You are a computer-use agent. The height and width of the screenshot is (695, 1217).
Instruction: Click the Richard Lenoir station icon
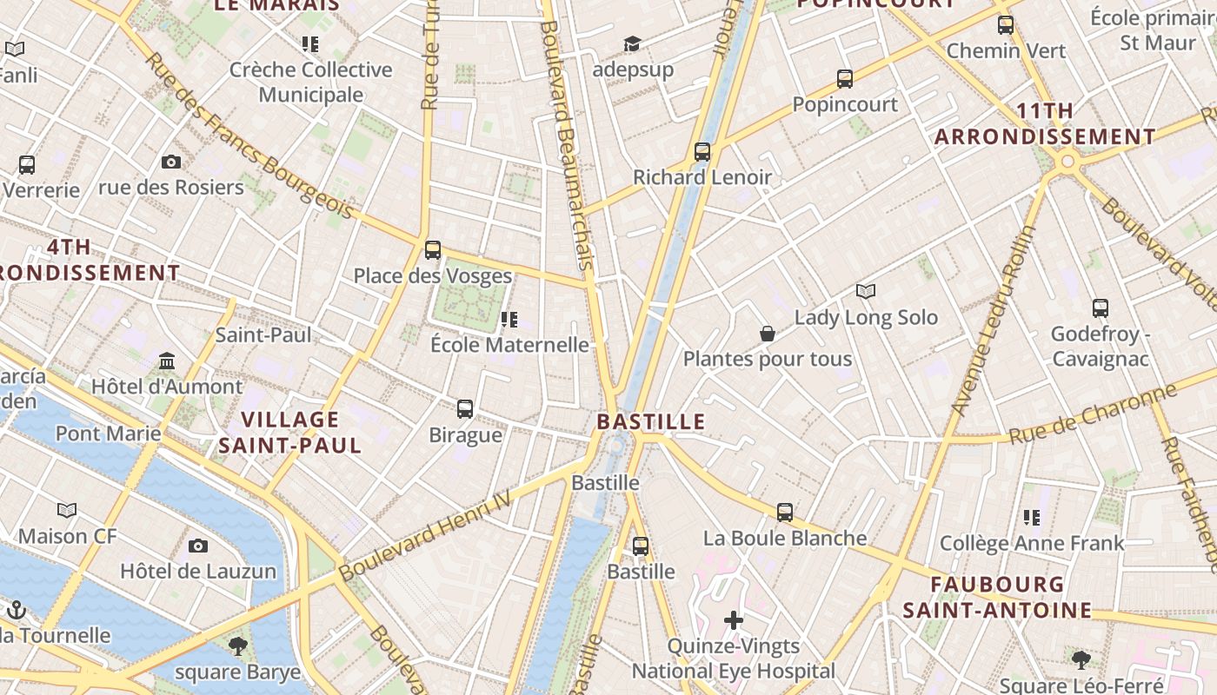(702, 152)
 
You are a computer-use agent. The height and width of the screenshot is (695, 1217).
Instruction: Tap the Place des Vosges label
(432, 276)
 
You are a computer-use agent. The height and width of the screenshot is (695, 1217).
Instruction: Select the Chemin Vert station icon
(1006, 25)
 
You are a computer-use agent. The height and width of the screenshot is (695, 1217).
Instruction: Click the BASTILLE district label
(650, 422)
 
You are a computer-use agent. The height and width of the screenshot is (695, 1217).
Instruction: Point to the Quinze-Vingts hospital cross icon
(734, 619)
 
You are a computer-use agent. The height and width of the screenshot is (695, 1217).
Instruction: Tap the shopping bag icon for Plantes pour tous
(768, 334)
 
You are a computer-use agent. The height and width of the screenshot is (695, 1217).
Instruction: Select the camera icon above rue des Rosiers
(171, 162)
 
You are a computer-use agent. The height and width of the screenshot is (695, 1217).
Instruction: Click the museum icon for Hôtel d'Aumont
(167, 361)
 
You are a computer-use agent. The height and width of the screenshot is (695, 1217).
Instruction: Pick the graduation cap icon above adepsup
(632, 43)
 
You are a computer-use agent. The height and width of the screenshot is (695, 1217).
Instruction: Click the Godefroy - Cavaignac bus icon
(1100, 308)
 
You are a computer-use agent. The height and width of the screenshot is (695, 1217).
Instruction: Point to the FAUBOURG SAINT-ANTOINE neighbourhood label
(996, 597)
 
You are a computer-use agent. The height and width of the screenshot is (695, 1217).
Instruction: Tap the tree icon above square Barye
(237, 645)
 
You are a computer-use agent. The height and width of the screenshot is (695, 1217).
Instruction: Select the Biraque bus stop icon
(465, 408)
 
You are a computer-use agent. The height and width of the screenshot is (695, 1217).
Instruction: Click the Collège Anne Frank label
(1032, 544)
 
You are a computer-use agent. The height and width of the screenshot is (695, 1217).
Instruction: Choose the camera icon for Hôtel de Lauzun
(198, 546)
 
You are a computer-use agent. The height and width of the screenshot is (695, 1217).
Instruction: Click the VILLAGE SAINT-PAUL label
(289, 433)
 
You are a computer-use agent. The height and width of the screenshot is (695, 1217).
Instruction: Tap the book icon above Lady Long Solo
(865, 291)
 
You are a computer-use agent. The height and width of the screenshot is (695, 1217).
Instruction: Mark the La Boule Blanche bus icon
(785, 513)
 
